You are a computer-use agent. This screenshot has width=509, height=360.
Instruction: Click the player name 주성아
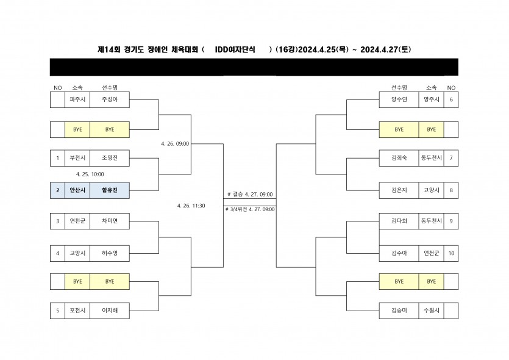[110, 99]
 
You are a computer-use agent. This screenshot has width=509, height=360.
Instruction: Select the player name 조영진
[110, 159]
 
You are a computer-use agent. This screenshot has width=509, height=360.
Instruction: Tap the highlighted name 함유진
[110, 190]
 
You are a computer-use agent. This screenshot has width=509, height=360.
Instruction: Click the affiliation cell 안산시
[77, 190]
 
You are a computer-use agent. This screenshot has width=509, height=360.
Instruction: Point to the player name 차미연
[110, 221]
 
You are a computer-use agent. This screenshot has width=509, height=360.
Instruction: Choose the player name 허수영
[110, 252]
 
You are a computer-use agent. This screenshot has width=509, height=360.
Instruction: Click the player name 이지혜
[110, 311]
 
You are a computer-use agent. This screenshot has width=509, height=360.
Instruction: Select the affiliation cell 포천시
[77, 311]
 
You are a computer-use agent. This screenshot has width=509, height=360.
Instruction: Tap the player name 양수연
[399, 99]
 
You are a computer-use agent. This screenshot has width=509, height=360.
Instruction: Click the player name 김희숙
[399, 159]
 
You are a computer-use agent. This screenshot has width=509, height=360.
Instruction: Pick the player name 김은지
[399, 190]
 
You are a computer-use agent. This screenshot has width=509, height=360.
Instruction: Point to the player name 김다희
[399, 221]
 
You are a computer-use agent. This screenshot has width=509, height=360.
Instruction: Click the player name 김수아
[399, 252]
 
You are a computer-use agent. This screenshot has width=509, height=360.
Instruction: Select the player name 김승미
[399, 311]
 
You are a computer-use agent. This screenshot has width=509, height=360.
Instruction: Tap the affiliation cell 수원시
[431, 311]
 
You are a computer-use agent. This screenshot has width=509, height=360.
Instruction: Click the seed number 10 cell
[451, 252]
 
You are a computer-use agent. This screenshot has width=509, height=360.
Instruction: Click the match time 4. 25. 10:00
[90, 175]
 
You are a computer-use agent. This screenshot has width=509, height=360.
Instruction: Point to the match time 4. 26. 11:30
[191, 206]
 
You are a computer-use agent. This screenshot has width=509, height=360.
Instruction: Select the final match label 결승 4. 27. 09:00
[251, 194]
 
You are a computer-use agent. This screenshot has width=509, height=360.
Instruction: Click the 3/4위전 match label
[251, 209]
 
